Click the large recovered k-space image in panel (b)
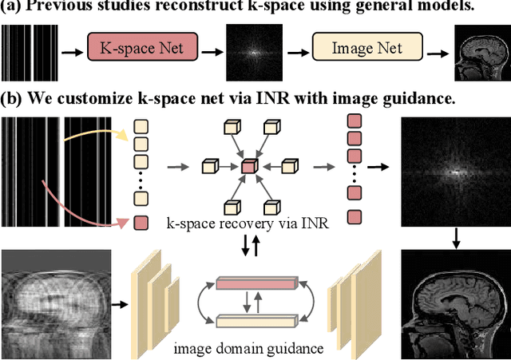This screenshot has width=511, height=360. pyautogui.click(x=454, y=169)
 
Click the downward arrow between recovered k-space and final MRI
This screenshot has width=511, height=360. pyautogui.click(x=454, y=237)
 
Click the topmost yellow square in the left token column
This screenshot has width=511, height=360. pyautogui.click(x=141, y=125)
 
